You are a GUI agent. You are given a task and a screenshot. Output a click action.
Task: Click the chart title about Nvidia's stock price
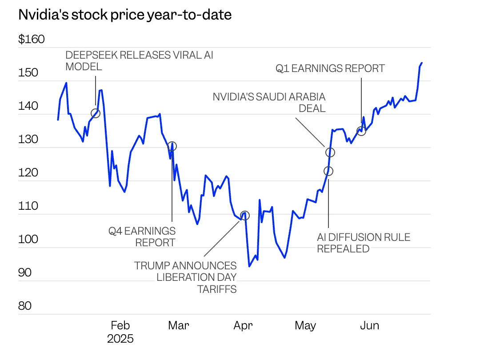pyautogui.click(x=125, y=15)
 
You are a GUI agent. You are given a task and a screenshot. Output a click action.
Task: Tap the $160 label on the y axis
pyautogui.click(x=32, y=40)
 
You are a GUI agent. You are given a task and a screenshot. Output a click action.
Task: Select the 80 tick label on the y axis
pyautogui.click(x=25, y=306)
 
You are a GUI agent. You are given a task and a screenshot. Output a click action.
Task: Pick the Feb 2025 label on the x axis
pyautogui.click(x=120, y=332)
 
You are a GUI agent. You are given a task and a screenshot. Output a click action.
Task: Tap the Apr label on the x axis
pyautogui.click(x=243, y=326)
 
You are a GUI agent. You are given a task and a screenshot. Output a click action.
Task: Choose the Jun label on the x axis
pyautogui.click(x=369, y=326)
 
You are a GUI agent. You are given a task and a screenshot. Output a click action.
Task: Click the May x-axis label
pyautogui.click(x=305, y=326)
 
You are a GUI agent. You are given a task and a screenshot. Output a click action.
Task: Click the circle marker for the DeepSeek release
pyautogui.click(x=95, y=113)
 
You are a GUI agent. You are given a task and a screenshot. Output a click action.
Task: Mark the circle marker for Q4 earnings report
pyautogui.click(x=172, y=146)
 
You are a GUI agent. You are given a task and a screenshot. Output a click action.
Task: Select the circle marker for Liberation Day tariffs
pyautogui.click(x=244, y=216)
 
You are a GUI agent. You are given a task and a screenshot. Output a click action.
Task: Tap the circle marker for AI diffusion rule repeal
pyautogui.click(x=328, y=171)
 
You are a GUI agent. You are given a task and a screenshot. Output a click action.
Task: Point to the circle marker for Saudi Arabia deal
pyautogui.click(x=330, y=152)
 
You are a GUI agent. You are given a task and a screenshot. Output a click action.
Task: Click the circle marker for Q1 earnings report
pyautogui.click(x=361, y=131)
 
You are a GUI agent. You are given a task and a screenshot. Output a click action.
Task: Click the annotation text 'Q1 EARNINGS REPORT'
pyautogui.click(x=330, y=68)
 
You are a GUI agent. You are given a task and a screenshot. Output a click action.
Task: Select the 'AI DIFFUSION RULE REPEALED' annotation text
pyautogui.click(x=364, y=243)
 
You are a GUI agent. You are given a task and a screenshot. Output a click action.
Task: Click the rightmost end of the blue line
pyautogui.click(x=422, y=63)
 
